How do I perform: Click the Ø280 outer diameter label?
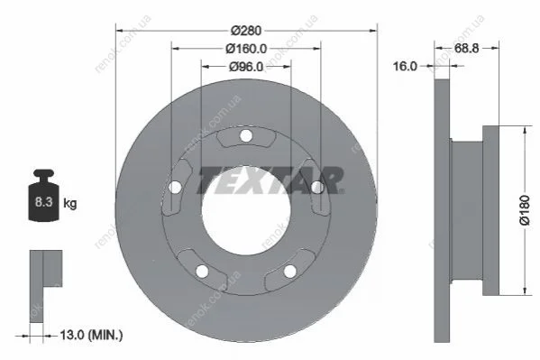(246, 31)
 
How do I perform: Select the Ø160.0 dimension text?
(246, 49)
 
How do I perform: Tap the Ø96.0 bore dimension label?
(246, 67)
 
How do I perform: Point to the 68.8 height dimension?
(466, 49)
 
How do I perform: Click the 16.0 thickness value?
(405, 66)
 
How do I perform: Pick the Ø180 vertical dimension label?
(525, 210)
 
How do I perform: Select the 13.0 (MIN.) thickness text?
(91, 335)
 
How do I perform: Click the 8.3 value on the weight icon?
(43, 202)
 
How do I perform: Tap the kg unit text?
(70, 203)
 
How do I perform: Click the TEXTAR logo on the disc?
(270, 180)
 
